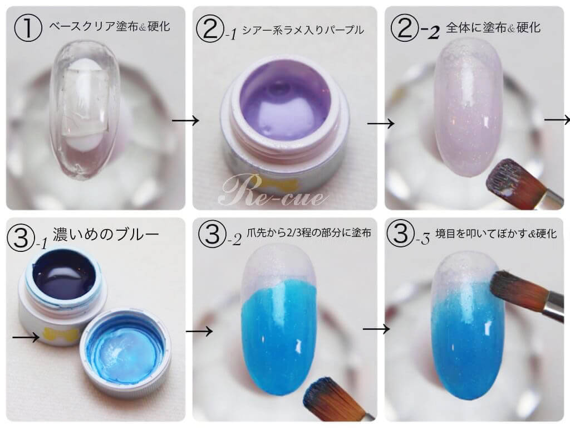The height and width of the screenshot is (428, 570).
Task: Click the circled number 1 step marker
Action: (28, 28)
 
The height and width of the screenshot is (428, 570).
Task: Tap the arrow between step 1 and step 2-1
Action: (185, 120)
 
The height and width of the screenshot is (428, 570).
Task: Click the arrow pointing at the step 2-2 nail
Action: (381, 124)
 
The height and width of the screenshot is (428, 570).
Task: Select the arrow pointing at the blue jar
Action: (26, 337)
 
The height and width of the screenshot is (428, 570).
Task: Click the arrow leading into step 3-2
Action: (199, 331)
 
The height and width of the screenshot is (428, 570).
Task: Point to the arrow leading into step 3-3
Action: (376, 329)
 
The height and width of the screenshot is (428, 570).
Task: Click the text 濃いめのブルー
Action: (106, 234)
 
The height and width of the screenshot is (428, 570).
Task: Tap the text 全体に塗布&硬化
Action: (493, 27)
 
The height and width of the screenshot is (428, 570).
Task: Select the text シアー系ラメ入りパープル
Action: (303, 29)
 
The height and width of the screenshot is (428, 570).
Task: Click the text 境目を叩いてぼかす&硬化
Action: (496, 234)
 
